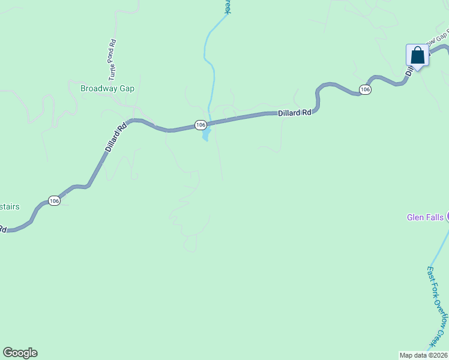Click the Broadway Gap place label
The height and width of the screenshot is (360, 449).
click(107, 88)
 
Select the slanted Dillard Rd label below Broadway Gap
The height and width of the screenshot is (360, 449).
click(116, 137)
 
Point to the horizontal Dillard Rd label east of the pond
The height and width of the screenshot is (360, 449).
click(294, 113)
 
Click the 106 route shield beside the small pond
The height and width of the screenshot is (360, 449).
click(201, 125)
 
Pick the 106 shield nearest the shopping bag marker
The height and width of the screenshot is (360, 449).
click(365, 89)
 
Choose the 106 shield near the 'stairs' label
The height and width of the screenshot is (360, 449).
click(54, 201)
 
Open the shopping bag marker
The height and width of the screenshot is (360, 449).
click(417, 56)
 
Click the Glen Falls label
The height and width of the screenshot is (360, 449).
click(425, 217)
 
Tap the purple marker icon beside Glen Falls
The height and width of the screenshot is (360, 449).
click(447, 217)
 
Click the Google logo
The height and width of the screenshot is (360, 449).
click(20, 353)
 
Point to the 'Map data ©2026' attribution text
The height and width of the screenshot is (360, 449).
click(424, 355)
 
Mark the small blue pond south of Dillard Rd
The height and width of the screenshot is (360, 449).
click(206, 136)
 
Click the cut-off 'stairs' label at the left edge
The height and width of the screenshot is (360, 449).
click(10, 207)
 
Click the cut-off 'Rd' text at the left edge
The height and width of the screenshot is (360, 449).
click(2, 229)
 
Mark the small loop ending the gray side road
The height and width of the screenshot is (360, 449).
click(190, 244)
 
